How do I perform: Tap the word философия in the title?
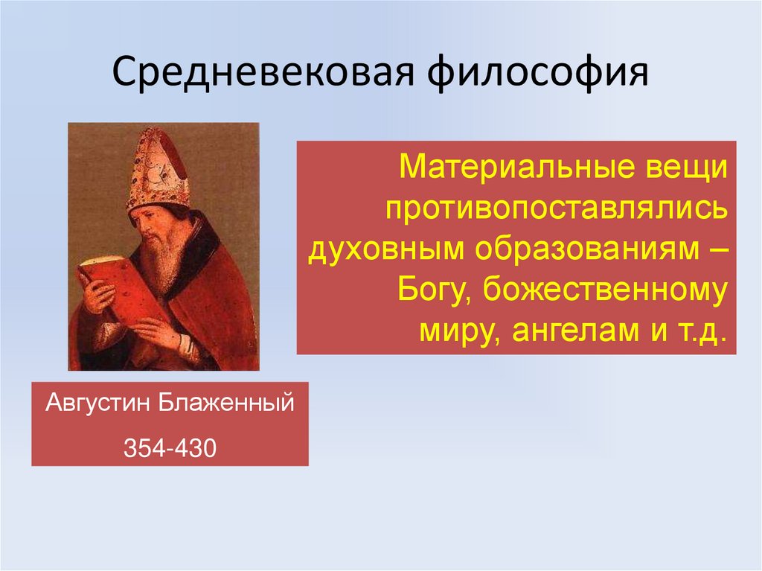[535, 74]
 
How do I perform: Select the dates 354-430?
[169, 449]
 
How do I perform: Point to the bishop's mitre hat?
[156, 170]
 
